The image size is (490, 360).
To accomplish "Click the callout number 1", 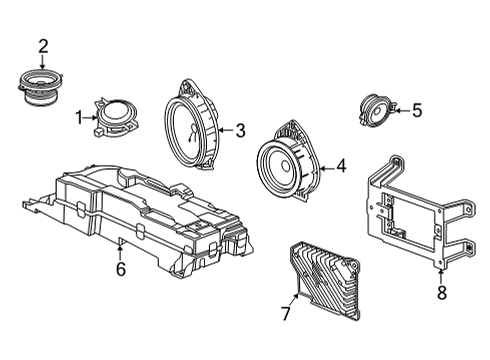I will click(78, 118).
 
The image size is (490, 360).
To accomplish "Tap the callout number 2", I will click(43, 45).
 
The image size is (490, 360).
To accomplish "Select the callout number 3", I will click(240, 129).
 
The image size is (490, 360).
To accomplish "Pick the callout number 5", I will click(417, 111).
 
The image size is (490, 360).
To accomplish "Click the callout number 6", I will click(121, 268).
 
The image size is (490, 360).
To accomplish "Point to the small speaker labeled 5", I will click(376, 109).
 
